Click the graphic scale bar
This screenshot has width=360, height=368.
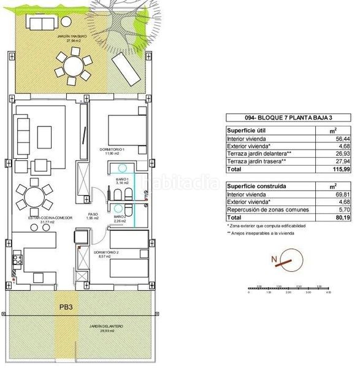click(x=289, y=288)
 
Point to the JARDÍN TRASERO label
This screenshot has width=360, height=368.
click(x=56, y=37)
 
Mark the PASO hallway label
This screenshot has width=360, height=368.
click(x=92, y=215)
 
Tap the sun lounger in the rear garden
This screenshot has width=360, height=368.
click(x=124, y=66)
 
